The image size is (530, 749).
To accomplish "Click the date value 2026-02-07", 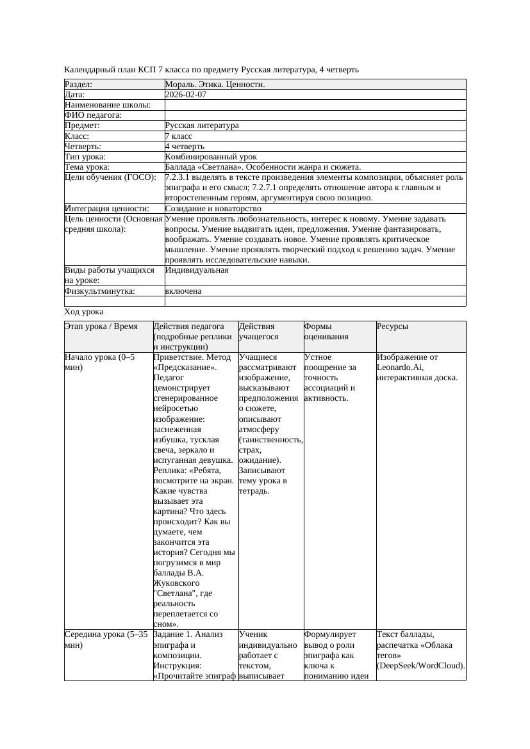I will coord(186,95).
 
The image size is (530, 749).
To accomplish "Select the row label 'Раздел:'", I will coord(79,85).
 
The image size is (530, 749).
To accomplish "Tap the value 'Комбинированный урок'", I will coord(211,157).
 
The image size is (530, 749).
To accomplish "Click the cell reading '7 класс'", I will coord(179,136).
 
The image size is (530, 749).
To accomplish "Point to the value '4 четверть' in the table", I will coord(185,147).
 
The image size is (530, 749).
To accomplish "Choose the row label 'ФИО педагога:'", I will coord(94,115).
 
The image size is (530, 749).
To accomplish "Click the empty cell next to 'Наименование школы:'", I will coord(314,105).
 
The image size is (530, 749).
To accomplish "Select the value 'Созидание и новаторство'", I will coord(213,209).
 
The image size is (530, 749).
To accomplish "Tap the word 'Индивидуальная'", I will coord(197,270).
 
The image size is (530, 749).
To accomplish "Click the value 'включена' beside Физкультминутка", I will coord(183,291).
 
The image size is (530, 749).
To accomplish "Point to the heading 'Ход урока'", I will coord(84,312).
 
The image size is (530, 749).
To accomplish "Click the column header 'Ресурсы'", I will coord(392,326).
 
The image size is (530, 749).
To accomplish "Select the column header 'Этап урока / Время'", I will coord(101,326).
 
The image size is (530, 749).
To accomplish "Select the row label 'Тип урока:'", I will coord(85,157).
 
